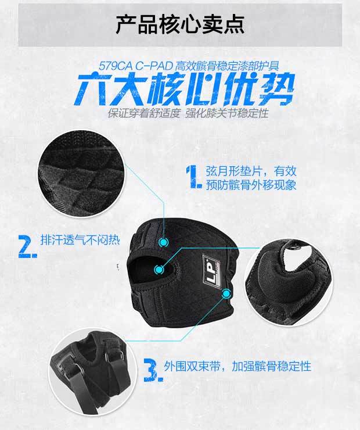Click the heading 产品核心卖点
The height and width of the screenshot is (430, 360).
(180, 24)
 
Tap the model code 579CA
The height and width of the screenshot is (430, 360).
(116, 66)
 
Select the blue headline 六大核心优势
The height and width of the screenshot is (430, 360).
(185, 88)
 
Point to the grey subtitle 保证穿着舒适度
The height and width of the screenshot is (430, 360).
(144, 113)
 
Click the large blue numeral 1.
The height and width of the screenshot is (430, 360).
(194, 177)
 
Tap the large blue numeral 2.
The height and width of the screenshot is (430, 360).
(27, 246)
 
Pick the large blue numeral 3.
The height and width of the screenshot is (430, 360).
(153, 370)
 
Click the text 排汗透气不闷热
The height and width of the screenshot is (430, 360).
(80, 240)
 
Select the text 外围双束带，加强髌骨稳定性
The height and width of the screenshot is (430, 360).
(237, 366)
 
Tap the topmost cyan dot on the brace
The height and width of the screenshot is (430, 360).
(164, 242)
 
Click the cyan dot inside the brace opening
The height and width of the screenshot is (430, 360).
(159, 270)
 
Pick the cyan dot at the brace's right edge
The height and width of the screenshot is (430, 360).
(226, 293)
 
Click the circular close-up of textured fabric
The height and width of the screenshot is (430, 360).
(82, 174)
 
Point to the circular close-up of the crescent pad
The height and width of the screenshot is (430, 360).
(289, 282)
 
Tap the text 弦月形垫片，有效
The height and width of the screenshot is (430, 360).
(251, 171)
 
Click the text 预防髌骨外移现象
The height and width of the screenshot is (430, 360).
(251, 185)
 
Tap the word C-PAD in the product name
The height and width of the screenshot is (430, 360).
(154, 66)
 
